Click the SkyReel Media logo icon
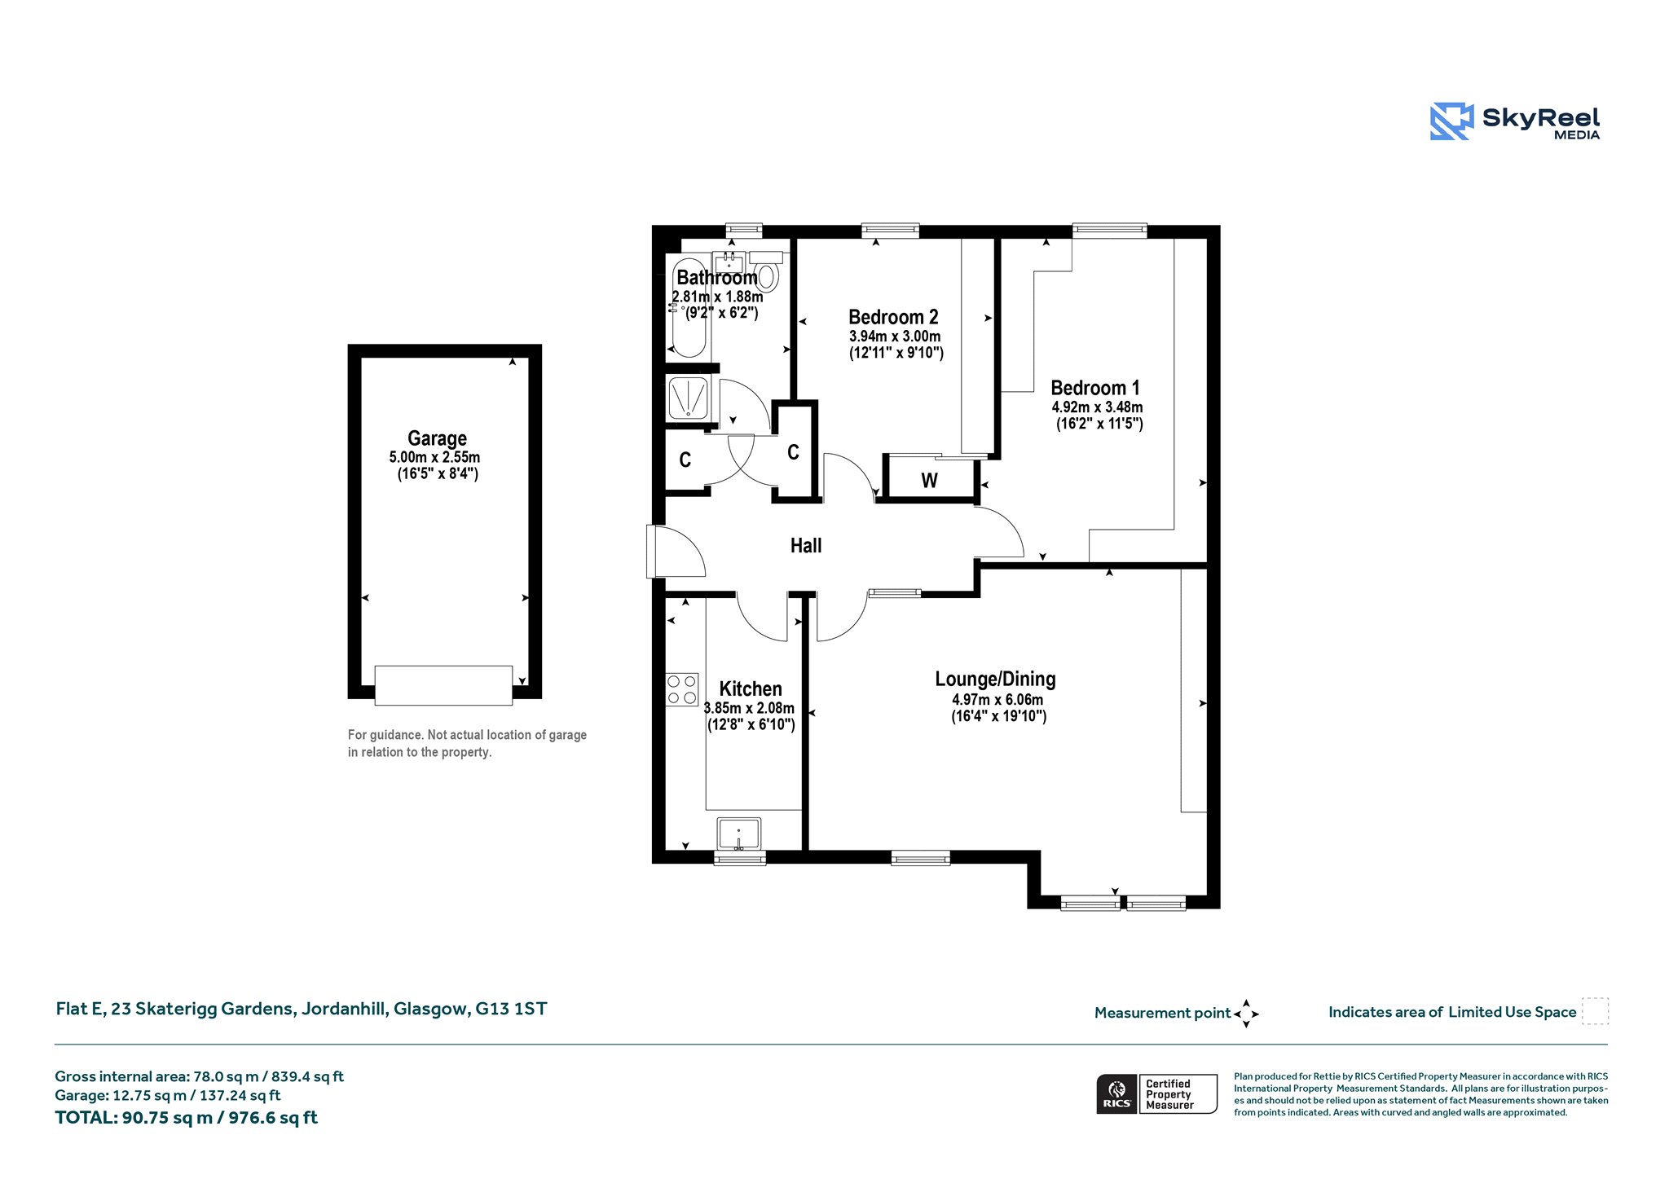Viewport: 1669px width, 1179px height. [x=1451, y=121]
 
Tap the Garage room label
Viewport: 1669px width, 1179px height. [x=437, y=438]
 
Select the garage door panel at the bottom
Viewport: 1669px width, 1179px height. [x=443, y=685]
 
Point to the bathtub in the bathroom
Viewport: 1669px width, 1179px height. [x=689, y=308]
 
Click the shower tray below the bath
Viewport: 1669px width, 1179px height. [x=689, y=398]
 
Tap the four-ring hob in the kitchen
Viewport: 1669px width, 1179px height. [x=682, y=689]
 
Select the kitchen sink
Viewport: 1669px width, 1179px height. [x=739, y=834]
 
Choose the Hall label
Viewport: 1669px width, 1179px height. [x=806, y=546]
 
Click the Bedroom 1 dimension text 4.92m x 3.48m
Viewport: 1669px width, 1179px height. [x=1097, y=407]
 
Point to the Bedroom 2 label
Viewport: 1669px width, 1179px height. [x=893, y=317]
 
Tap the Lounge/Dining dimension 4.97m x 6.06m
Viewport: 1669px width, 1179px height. [x=997, y=699]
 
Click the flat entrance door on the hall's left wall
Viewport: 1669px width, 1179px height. [x=675, y=552]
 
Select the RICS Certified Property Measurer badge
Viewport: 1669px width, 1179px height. [x=1156, y=1093]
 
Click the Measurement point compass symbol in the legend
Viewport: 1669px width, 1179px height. [x=1246, y=1014]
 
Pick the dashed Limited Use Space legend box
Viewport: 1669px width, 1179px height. [x=1595, y=1011]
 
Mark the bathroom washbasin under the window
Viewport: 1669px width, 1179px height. [x=729, y=262]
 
